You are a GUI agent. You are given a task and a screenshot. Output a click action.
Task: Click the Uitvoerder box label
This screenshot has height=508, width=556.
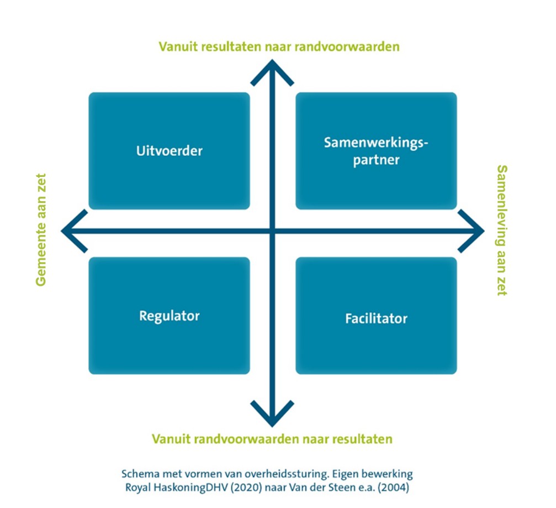coord(169,150)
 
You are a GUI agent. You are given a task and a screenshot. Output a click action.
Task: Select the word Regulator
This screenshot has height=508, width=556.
coord(169,316)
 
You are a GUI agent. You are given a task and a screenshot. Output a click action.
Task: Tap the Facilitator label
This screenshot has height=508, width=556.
coord(376,318)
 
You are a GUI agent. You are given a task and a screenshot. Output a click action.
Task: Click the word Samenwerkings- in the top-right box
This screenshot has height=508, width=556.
coord(376,142)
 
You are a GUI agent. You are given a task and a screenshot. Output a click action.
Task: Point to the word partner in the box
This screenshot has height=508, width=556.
coord(376,160)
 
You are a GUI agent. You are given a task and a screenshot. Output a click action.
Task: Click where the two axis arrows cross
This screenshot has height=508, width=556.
coord(272,231)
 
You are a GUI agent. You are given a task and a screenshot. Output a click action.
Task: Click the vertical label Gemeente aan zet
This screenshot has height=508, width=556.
coord(40,230)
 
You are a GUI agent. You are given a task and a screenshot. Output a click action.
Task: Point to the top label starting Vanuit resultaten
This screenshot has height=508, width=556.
coord(279,46)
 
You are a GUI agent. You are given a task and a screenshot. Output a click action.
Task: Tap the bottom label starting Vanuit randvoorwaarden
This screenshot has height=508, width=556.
coord(272,439)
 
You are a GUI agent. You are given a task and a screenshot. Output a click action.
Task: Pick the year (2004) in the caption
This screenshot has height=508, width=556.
coord(398,488)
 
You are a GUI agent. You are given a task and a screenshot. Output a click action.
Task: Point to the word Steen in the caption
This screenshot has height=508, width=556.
coord(355,488)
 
